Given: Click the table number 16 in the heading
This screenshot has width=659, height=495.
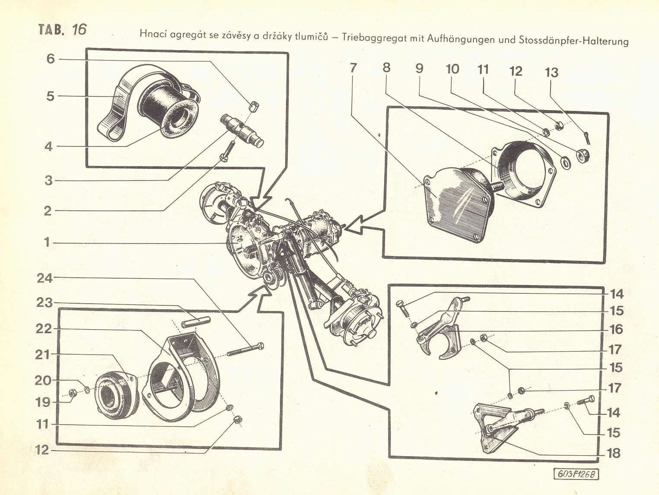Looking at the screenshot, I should click(x=79, y=29).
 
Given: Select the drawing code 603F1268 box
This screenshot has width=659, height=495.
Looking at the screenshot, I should click(x=577, y=474).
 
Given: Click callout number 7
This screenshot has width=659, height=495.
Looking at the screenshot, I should click(x=353, y=68).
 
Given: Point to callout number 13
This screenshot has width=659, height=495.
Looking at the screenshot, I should click(x=552, y=72).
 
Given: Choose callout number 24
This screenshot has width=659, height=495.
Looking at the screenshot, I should click(x=45, y=278).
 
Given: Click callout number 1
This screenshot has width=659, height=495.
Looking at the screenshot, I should click(x=47, y=242).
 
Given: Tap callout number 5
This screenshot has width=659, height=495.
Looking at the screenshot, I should click(x=51, y=95).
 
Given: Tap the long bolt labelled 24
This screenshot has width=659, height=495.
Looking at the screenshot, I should click(x=245, y=349).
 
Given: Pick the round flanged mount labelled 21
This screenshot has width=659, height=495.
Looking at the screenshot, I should click(x=114, y=394).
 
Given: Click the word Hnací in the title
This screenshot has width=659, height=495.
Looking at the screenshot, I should click(x=153, y=35).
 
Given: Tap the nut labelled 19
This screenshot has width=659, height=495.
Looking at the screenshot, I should click(x=73, y=393).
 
